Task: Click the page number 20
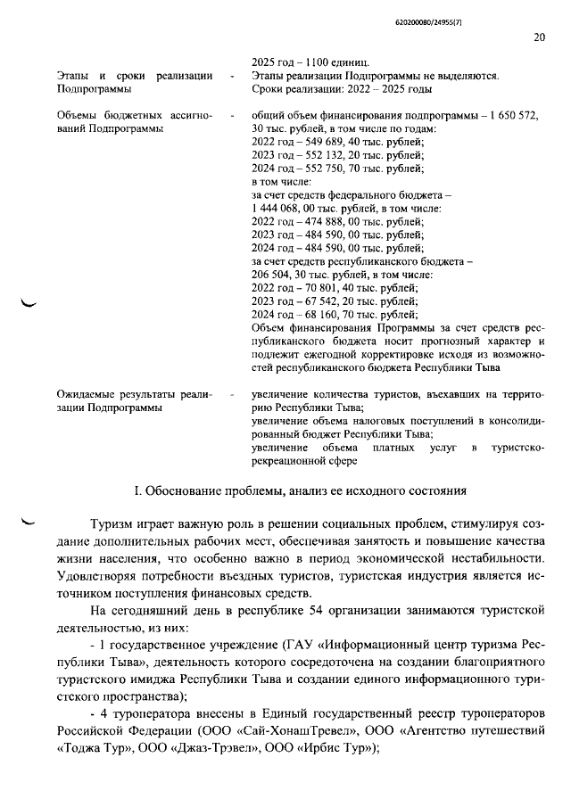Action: pyautogui.click(x=539, y=38)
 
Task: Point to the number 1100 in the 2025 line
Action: pyautogui.click(x=316, y=63)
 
